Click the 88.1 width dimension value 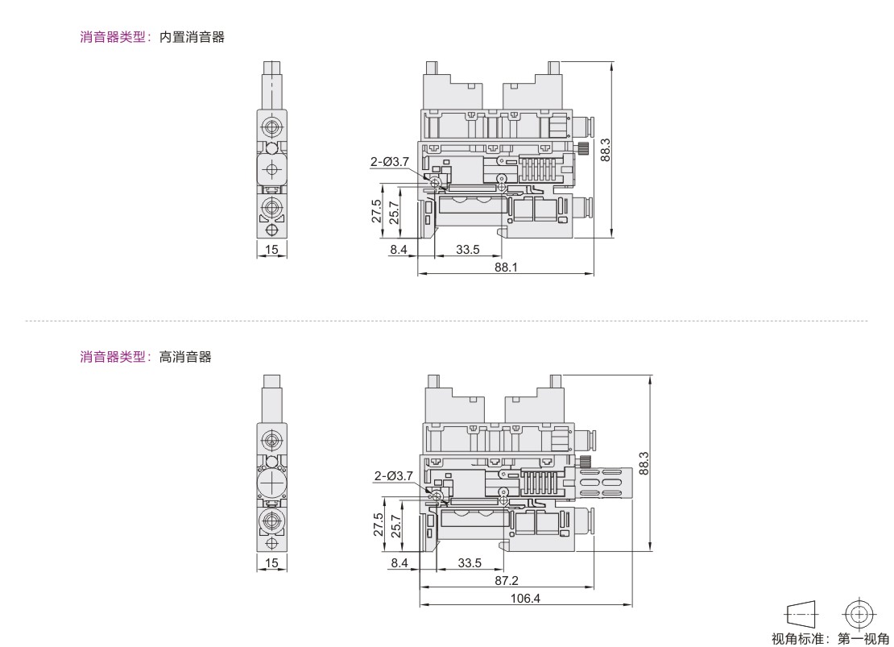tap(506, 267)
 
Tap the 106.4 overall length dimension tap(525, 598)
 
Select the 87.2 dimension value tap(507, 580)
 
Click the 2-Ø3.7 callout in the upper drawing tap(390, 161)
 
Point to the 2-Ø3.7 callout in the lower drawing tap(393, 475)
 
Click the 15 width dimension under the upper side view tap(271, 249)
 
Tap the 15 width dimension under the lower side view tap(271, 562)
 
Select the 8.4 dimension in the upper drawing tap(399, 249)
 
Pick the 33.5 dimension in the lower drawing tap(470, 563)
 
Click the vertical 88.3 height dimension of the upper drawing tap(606, 150)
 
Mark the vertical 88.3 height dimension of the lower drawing tap(644, 464)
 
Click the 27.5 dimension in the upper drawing tap(377, 210)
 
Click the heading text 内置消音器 tap(192, 37)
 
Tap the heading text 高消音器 tap(185, 357)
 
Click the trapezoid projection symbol tap(801, 615)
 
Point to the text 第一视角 tap(863, 638)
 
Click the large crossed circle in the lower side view tap(272, 483)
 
